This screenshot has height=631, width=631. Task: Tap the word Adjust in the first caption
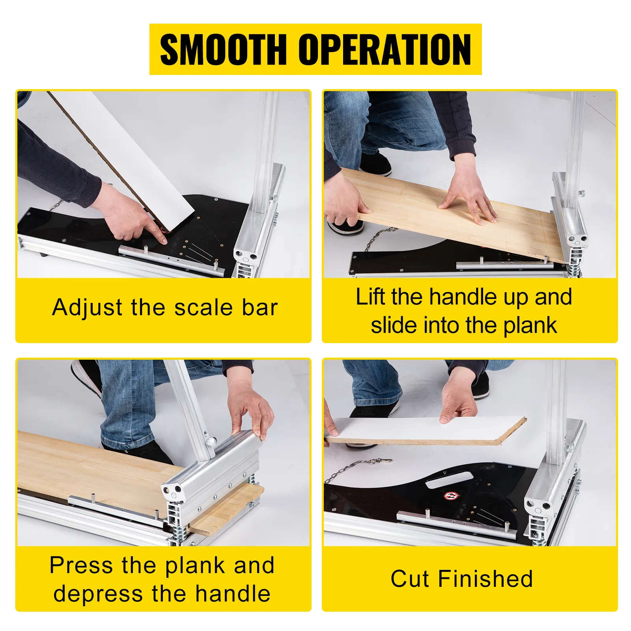click(x=87, y=308)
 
